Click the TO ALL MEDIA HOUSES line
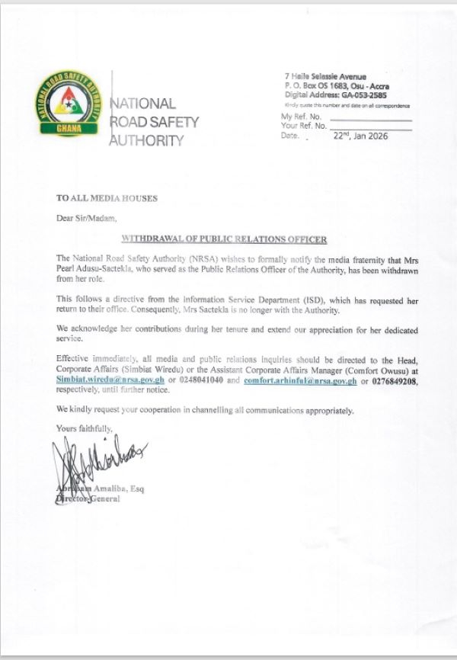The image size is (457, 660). point(107,198)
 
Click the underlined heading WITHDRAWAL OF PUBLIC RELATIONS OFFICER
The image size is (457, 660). point(225,239)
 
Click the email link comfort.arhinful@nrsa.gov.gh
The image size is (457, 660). point(300,380)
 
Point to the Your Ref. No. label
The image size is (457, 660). point(305,125)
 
